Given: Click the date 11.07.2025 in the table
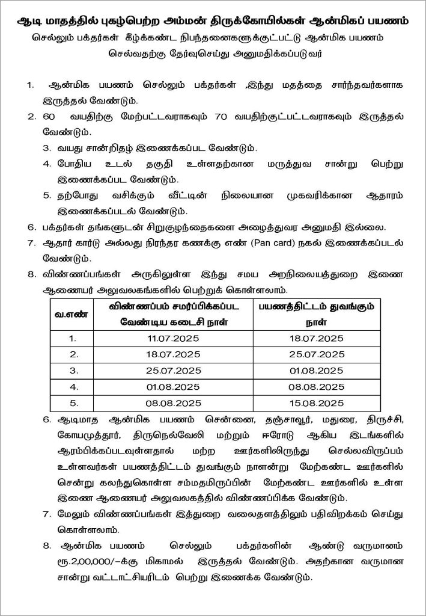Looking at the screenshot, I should (174, 339).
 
